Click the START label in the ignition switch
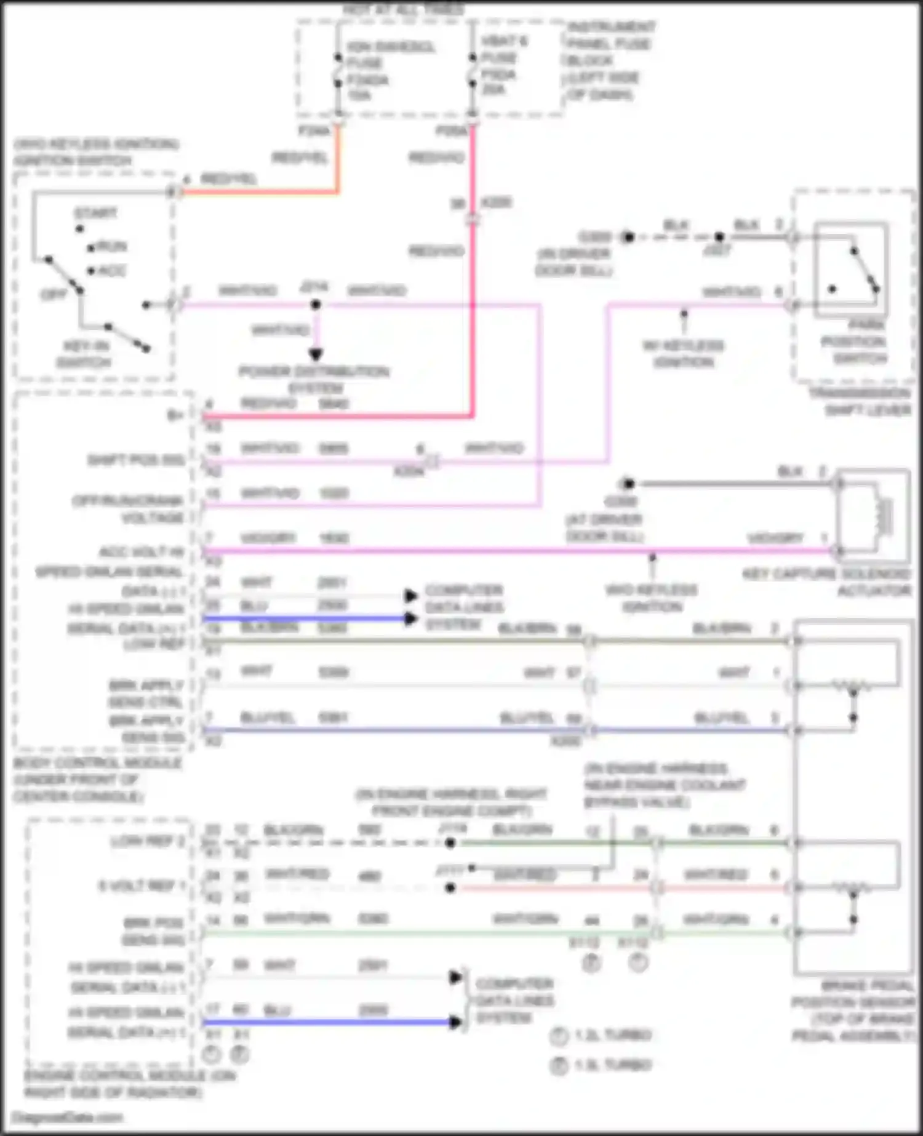click(95, 214)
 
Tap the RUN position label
click(111, 247)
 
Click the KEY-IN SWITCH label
click(84, 354)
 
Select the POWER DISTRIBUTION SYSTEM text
click(314, 380)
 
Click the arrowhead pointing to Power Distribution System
click(316, 354)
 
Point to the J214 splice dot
click(316, 305)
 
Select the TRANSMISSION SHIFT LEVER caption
click(860, 401)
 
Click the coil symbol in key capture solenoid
click(884, 514)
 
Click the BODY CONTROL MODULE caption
click(97, 780)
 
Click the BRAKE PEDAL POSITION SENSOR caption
click(854, 1010)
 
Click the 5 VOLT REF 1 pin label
click(141, 886)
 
